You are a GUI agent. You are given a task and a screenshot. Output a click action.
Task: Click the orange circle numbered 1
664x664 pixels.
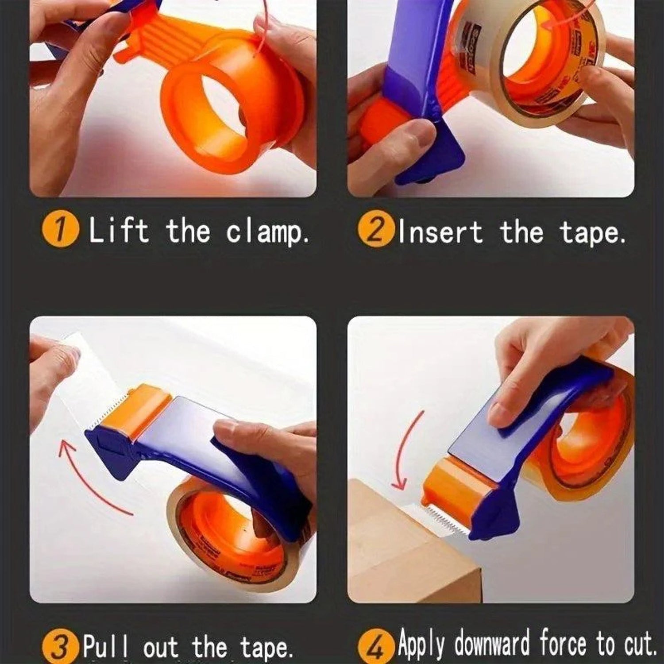point(60,230)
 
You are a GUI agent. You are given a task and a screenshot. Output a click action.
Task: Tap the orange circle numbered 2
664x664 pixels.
point(375,230)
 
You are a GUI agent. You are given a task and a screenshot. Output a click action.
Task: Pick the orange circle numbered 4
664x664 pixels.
point(375,647)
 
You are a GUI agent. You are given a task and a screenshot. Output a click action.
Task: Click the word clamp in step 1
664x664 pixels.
point(267,232)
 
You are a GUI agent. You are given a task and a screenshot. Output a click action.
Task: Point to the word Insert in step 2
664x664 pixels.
point(440,232)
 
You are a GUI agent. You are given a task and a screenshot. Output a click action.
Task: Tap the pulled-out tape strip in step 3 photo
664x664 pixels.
point(89,376)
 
